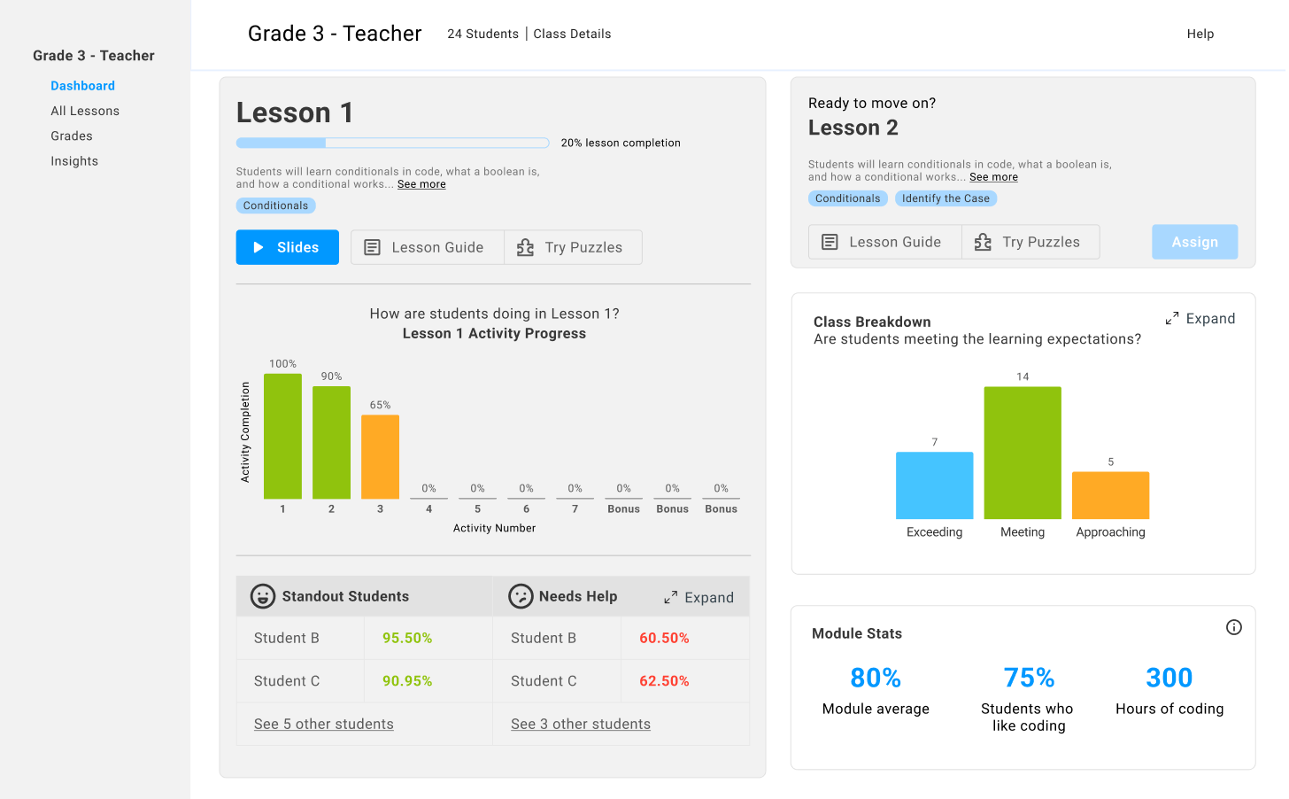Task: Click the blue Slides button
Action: [x=287, y=247]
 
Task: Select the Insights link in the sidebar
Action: [x=74, y=161]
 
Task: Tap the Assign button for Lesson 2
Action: [x=1194, y=242]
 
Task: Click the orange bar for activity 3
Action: [x=380, y=456]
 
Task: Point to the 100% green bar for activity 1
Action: [x=282, y=436]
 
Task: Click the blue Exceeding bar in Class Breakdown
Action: [x=934, y=485]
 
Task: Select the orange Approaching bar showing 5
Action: [x=1110, y=495]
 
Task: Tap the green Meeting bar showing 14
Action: [x=1023, y=453]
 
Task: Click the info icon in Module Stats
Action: [x=1233, y=627]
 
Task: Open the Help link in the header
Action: [x=1200, y=34]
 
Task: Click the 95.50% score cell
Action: [x=407, y=638]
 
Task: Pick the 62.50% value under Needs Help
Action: [x=664, y=681]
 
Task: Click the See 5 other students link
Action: [x=323, y=724]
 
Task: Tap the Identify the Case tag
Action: [x=946, y=198]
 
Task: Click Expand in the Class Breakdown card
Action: [x=1200, y=319]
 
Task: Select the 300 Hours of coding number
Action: [x=1169, y=678]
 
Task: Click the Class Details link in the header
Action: [x=572, y=34]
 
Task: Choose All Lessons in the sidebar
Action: [x=85, y=111]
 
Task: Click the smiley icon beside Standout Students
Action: [x=262, y=596]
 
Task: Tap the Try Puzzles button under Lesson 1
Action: [x=573, y=247]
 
